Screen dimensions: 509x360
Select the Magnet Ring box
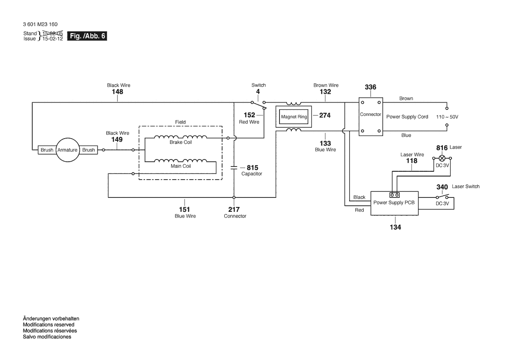[x=294, y=117]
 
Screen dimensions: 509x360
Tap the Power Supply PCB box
[x=394, y=203]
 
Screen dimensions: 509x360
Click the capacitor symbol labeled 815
[x=234, y=168]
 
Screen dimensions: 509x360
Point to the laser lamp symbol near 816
[x=442, y=158]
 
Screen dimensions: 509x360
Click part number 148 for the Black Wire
[x=118, y=92]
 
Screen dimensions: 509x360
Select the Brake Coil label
[x=181, y=143]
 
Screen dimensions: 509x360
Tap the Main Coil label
[x=181, y=166]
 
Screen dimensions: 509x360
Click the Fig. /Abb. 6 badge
[x=87, y=36]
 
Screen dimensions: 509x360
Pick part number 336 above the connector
[x=371, y=87]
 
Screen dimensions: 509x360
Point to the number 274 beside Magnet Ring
[x=325, y=115]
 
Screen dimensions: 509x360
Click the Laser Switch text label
[x=465, y=187]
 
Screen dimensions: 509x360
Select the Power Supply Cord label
[x=407, y=117]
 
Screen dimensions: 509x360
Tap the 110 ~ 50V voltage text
[x=447, y=117]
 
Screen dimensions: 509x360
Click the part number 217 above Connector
[x=234, y=210]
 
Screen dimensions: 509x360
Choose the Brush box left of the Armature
[x=47, y=150]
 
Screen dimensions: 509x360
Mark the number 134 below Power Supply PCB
[x=395, y=227]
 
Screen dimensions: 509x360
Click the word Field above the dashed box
[x=181, y=122]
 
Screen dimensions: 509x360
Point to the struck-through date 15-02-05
[x=53, y=33]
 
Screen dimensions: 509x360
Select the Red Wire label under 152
[x=249, y=122]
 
